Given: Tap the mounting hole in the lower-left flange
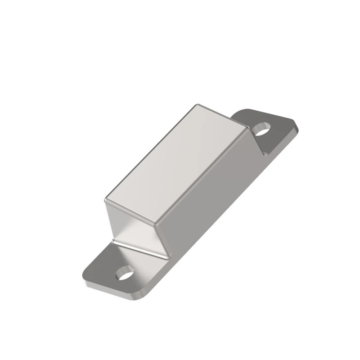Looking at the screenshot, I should [x=126, y=273].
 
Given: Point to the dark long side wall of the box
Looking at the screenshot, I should [x=211, y=189].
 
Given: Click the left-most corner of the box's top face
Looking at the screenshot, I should [x=105, y=198].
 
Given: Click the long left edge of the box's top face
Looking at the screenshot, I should [x=151, y=152].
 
